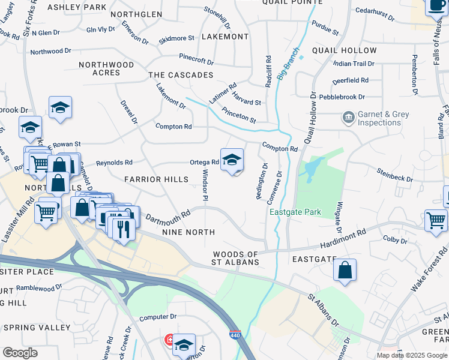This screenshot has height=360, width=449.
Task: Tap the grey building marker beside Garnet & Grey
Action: (348, 118)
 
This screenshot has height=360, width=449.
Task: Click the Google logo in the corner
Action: (20, 353)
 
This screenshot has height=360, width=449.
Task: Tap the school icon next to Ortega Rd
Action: (232, 160)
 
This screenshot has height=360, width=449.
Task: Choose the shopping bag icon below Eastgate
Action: (345, 270)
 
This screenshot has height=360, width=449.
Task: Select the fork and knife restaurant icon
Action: (124, 229)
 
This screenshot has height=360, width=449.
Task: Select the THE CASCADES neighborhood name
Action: (181, 75)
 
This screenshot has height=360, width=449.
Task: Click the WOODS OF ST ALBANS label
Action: (235, 258)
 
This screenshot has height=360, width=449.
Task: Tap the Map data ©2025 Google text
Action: (412, 355)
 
